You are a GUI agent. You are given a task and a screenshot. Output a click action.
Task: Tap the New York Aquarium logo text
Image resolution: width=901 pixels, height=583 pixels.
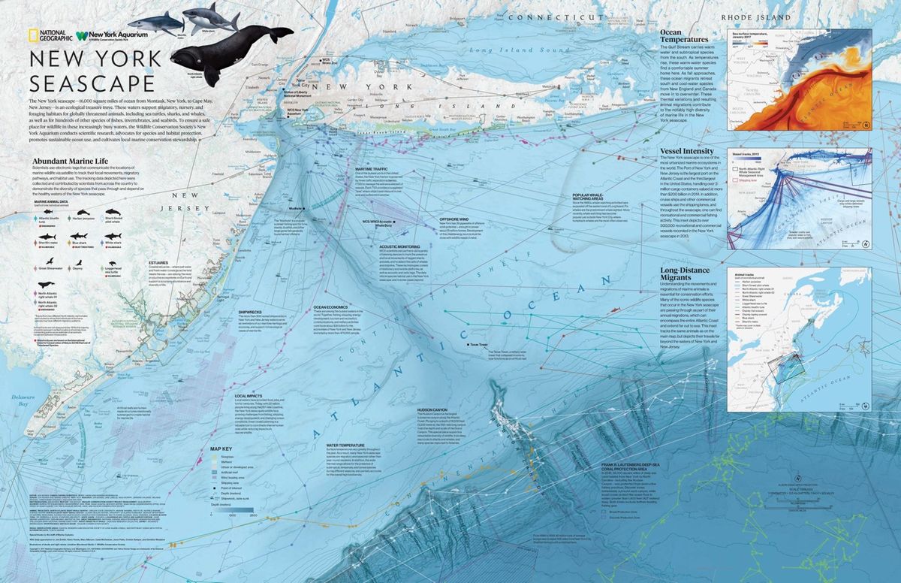(116, 34)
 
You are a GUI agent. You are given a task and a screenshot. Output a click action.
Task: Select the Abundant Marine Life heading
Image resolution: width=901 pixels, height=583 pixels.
(69, 160)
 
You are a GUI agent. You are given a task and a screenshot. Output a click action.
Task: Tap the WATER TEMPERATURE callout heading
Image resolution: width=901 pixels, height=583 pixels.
(345, 445)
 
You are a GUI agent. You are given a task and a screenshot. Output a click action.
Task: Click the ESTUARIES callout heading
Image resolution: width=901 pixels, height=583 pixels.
(158, 263)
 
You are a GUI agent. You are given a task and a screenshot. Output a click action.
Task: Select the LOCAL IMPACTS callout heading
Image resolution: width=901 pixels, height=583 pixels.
(249, 395)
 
